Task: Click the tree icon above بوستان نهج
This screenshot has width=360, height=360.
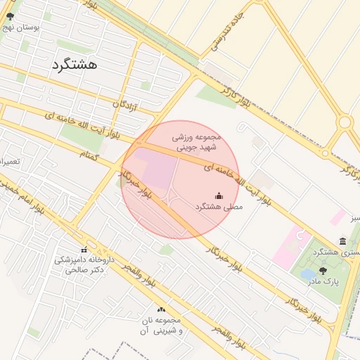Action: click(x=9, y=16)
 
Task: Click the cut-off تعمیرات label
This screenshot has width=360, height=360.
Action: click(x=8, y=161)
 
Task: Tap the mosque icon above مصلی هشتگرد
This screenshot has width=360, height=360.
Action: click(x=219, y=195)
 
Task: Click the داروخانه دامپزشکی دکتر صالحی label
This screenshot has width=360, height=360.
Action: click(x=79, y=264)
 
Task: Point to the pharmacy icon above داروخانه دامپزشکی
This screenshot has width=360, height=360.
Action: click(x=84, y=250)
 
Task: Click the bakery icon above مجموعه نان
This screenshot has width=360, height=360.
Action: click(x=162, y=309)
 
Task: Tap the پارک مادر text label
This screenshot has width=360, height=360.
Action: click(x=323, y=281)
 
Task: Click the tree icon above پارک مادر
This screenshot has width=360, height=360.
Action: click(x=323, y=270)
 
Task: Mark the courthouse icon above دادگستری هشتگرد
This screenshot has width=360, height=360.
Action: click(x=342, y=241)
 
